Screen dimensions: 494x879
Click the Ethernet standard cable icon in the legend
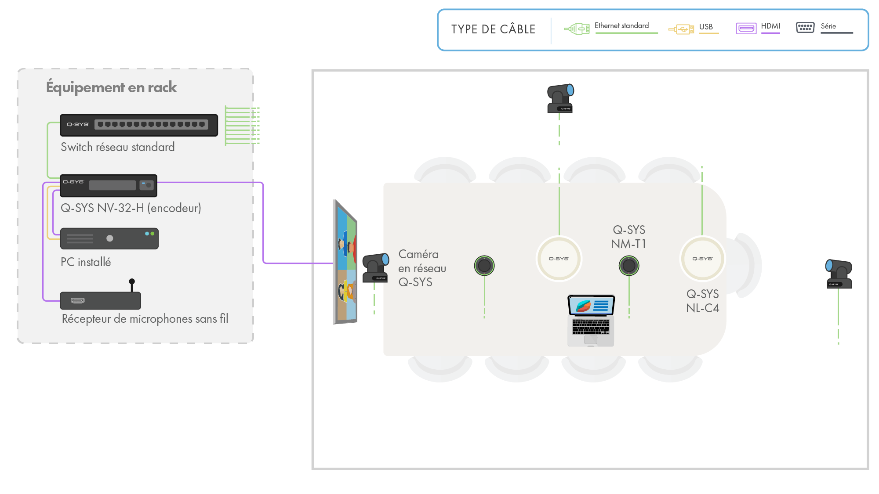click(x=577, y=29)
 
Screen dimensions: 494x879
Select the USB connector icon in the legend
click(x=681, y=29)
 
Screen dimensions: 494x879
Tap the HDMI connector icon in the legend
click(x=746, y=29)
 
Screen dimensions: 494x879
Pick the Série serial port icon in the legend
click(x=805, y=28)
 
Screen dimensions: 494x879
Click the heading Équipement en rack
click(x=111, y=87)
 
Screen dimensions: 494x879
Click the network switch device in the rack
click(x=139, y=125)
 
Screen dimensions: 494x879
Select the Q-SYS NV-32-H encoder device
click(x=109, y=186)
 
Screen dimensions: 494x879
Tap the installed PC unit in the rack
click(x=109, y=238)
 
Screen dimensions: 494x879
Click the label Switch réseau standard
click(x=118, y=147)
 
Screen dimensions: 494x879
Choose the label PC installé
click(x=86, y=262)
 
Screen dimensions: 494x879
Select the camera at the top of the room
click(x=560, y=98)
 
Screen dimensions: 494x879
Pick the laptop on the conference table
click(x=591, y=321)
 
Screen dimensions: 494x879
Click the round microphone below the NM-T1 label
click(x=629, y=265)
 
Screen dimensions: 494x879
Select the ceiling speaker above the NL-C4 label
click(x=702, y=259)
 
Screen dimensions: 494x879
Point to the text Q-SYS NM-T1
click(x=629, y=237)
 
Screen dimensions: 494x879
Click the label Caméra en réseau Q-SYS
click(x=422, y=268)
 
